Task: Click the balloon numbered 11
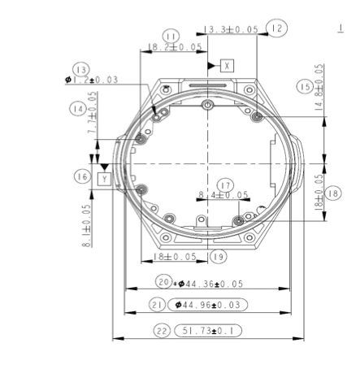pos(171,37)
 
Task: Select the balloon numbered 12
pos(276,28)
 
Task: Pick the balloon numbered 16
pos(82,176)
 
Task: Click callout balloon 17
pos(225,184)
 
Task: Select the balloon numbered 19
pos(217,256)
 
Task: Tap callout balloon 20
pos(164,283)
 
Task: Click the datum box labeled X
pos(228,64)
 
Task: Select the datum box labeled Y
pos(103,176)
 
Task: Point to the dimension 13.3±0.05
pos(231,29)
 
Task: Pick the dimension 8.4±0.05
pos(223,195)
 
